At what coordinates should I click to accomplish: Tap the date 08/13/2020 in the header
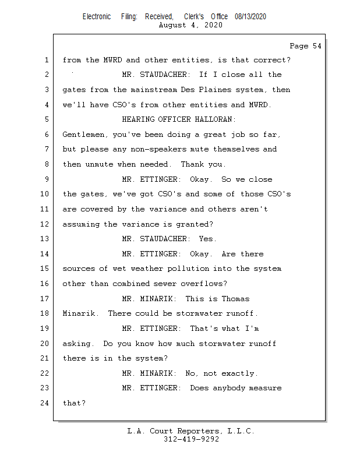pos(250,17)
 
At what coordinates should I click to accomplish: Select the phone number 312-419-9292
pos(191,439)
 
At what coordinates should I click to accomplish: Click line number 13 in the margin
pos(45,239)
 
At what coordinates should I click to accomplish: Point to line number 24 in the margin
pos(45,403)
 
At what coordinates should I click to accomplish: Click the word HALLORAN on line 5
pos(214,119)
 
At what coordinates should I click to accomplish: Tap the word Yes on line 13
pos(207,239)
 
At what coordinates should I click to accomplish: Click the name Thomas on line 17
pos(235,299)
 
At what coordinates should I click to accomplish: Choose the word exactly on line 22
pos(239,373)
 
